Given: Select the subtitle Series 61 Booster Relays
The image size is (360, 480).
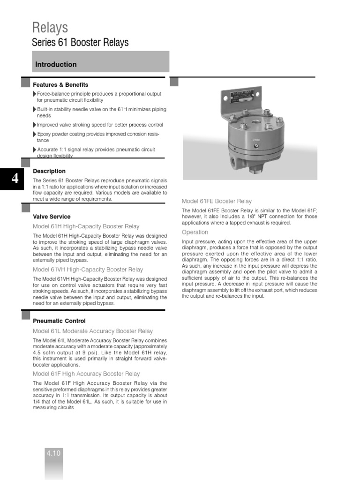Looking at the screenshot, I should point(80,43).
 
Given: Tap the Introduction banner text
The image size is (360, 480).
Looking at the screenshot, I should point(56,65).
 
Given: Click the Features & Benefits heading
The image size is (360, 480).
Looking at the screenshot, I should point(60,85).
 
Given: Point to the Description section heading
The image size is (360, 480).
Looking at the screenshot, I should point(49,171).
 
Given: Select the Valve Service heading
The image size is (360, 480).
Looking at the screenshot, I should point(52,217).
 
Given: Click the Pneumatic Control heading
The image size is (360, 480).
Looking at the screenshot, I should point(59,321).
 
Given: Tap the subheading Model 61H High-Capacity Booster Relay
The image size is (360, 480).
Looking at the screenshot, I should point(86,226).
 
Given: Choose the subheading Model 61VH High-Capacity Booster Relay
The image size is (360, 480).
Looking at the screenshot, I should point(88,270).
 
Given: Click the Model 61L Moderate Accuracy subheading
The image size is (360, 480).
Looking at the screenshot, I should point(93,331).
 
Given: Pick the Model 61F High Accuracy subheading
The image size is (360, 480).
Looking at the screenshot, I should point(86,374).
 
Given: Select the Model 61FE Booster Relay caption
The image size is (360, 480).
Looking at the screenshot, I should point(217,201).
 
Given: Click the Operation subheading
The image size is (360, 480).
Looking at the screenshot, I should point(195,232).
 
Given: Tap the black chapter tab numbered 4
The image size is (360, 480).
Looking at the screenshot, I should point(15,179).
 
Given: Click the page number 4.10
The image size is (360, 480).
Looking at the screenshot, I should point(54,453).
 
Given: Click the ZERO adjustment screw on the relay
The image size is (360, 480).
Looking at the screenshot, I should point(256,146).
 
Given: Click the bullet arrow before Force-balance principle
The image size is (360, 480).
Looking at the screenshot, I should point(35,94).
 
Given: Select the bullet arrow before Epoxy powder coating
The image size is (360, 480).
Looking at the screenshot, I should point(35,134).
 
